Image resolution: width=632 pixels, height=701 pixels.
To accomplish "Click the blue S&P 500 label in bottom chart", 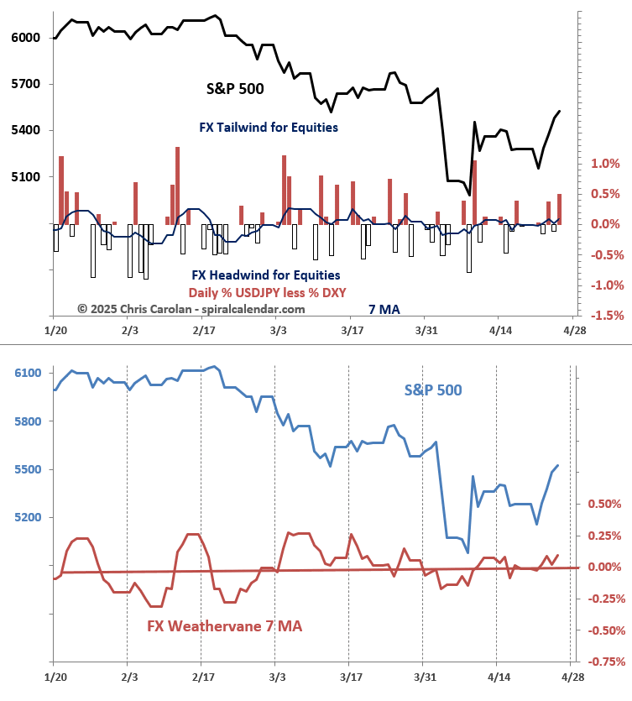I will [x=433, y=390].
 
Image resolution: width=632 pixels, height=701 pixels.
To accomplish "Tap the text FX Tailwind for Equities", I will [x=269, y=128].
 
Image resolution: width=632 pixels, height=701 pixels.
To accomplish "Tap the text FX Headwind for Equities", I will [x=265, y=275].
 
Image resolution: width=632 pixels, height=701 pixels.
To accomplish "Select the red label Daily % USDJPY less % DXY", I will [x=267, y=292].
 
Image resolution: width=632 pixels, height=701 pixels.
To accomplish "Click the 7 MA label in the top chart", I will [x=384, y=309].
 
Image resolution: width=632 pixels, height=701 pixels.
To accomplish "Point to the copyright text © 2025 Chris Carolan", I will [x=191, y=309].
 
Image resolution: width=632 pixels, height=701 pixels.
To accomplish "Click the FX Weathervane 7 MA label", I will [x=224, y=626].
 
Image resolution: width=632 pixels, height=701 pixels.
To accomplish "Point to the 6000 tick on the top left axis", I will [x=26, y=38].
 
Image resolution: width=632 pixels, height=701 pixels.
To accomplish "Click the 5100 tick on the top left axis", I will [x=26, y=177].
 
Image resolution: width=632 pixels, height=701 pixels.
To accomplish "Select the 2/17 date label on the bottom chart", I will [x=201, y=675].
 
